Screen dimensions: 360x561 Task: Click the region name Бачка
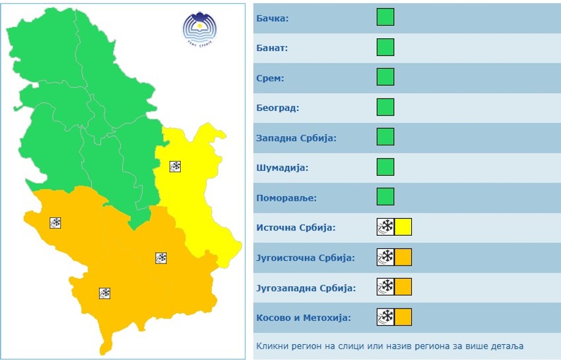272,18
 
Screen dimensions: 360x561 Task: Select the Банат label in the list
272,48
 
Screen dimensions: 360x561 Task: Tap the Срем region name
270,78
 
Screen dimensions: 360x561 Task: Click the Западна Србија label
296,138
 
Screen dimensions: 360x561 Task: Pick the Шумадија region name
282,168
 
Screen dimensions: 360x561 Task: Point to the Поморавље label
286,198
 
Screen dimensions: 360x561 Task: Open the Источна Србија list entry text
296,228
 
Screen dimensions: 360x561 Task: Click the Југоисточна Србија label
306,258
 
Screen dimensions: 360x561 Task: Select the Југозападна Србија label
306,288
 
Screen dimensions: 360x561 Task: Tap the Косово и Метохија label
304,318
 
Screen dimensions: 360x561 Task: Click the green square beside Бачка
385,17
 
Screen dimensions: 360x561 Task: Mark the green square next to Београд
385,107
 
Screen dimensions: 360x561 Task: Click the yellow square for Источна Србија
403,227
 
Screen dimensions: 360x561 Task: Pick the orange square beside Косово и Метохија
403,317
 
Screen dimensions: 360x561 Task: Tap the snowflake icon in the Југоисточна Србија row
385,257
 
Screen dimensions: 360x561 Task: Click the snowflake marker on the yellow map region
175,166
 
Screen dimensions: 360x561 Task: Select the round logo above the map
199,28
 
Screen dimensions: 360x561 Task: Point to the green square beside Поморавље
385,197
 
